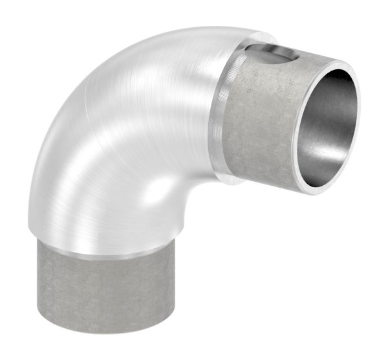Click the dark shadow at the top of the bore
point(336,81)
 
